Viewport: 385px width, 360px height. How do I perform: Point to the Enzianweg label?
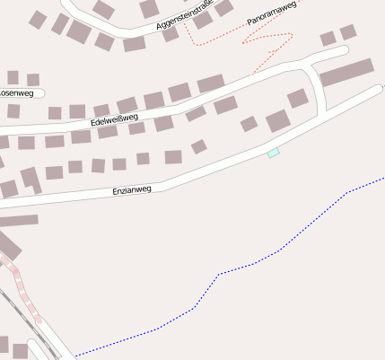pyautogui.click(x=132, y=190)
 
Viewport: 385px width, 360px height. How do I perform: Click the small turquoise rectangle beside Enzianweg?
pyautogui.click(x=274, y=154)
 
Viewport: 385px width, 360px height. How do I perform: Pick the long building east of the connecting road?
pyautogui.click(x=346, y=72)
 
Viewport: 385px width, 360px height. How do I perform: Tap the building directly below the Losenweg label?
pyautogui.click(x=13, y=111)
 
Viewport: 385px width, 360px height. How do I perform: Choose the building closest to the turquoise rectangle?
pyautogui.click(x=277, y=120)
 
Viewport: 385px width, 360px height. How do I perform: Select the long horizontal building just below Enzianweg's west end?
pyautogui.click(x=18, y=220)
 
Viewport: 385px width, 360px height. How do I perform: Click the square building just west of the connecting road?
pyautogui.click(x=298, y=98)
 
